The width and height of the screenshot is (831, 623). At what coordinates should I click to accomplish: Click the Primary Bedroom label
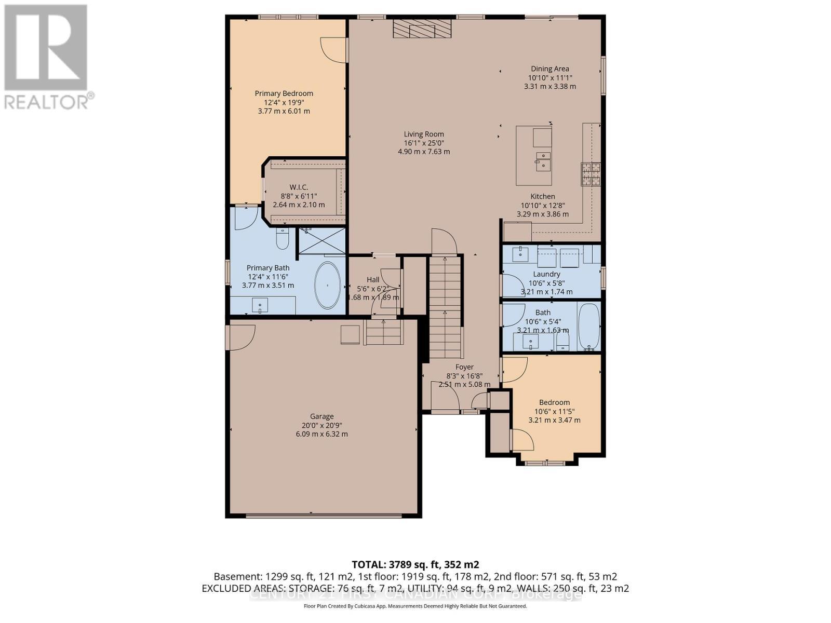[x=284, y=93]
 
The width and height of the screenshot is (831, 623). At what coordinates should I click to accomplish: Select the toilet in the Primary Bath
[x=283, y=239]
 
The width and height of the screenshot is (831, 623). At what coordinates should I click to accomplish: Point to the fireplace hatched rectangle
[x=421, y=29]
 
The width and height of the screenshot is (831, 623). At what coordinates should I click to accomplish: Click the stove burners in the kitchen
[x=591, y=174]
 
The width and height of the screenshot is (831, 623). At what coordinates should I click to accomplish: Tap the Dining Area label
[x=549, y=69]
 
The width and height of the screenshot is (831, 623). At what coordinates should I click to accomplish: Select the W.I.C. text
[x=299, y=187]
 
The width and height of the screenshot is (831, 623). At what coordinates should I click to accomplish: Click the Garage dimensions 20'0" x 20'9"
[x=321, y=425]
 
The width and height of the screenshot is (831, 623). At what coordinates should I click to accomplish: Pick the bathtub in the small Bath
[x=588, y=327]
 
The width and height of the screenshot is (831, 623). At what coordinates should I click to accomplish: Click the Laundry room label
[x=546, y=274]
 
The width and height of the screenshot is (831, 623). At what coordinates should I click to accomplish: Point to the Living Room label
[x=424, y=134]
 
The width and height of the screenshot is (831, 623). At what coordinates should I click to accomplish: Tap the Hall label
[x=373, y=279]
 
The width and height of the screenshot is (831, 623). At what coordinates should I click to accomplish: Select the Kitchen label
[x=542, y=196]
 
